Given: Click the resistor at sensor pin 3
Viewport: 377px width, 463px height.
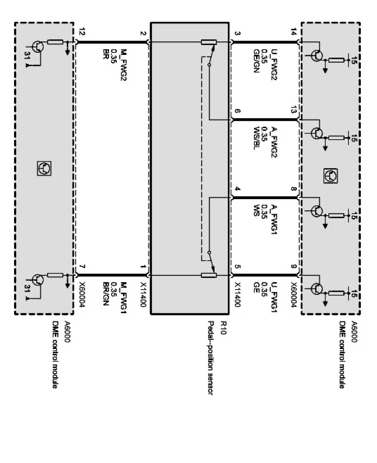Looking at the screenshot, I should tap(209, 42).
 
